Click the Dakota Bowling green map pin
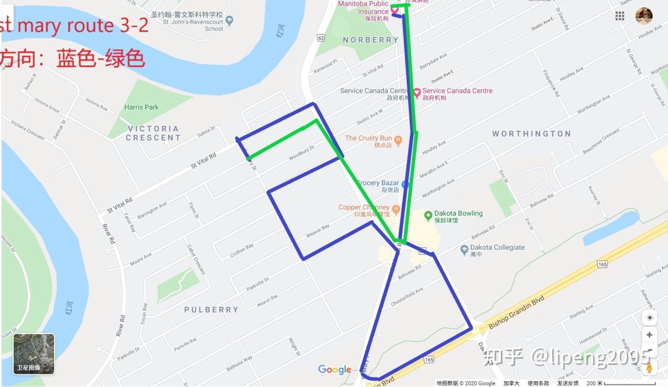428,215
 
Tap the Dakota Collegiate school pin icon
464,249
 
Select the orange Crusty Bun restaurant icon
398,140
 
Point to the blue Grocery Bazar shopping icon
404,185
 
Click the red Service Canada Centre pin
417,93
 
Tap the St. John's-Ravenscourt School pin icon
229,22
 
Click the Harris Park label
141,107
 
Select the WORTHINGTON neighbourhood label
531,134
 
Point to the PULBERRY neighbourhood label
211,310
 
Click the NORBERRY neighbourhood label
370,40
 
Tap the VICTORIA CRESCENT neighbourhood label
153,133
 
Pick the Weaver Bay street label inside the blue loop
318,231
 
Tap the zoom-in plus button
650,335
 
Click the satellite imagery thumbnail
34,353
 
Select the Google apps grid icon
620,16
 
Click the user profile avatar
644,16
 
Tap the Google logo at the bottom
335,370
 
